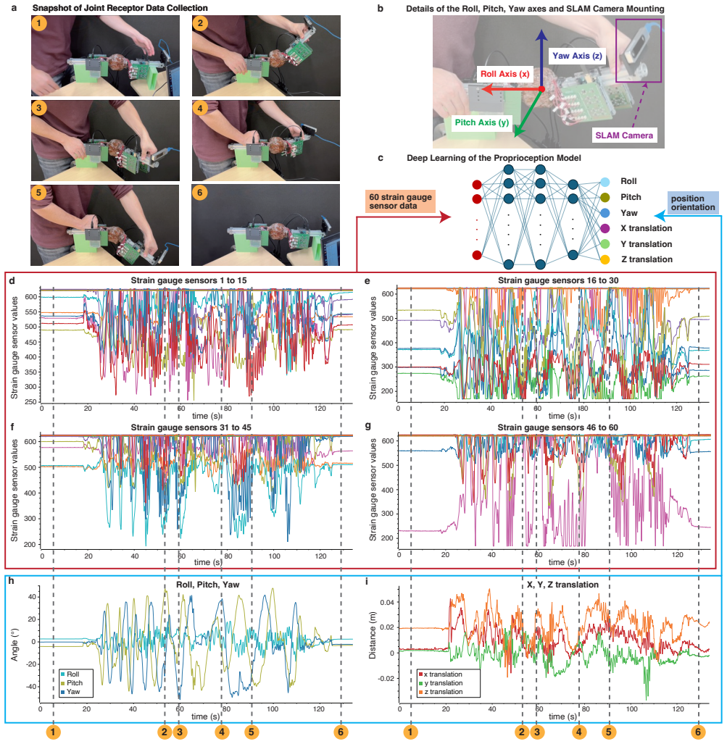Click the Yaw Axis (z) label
click(x=577, y=56)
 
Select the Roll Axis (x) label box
click(x=504, y=74)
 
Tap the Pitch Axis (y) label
click(x=481, y=122)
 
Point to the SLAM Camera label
click(x=624, y=135)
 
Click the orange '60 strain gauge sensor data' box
click(x=400, y=201)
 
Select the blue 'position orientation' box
click(x=693, y=203)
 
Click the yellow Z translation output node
click(x=605, y=259)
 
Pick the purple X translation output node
click(x=605, y=228)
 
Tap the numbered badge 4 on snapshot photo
click(x=200, y=108)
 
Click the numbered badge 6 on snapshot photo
click(x=199, y=192)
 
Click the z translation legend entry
click(x=440, y=692)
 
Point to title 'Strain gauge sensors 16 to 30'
click(x=558, y=280)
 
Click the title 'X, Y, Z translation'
click(x=562, y=585)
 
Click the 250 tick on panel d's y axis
click(x=31, y=402)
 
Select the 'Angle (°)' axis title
click(x=14, y=643)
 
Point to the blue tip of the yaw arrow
click(x=542, y=29)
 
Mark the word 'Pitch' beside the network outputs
click(x=631, y=197)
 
